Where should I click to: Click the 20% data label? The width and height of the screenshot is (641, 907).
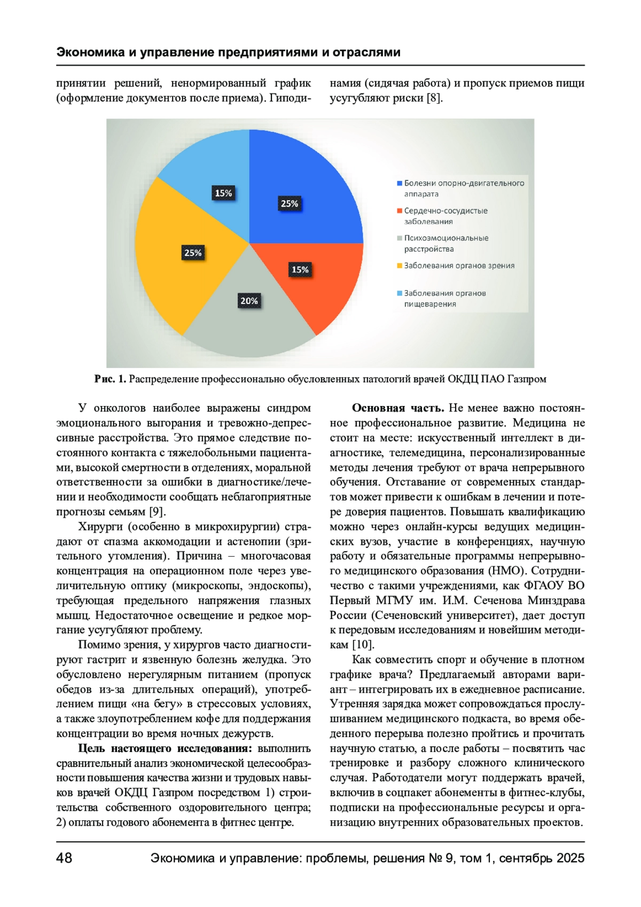pyautogui.click(x=249, y=301)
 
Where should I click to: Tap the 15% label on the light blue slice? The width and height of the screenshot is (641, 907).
pyautogui.click(x=223, y=193)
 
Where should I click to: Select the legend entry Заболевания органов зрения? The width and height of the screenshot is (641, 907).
pyautogui.click(x=459, y=265)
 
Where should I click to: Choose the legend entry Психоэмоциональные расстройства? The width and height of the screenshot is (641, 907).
pyautogui.click(x=445, y=243)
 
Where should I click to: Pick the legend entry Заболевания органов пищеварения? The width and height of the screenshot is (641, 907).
pyautogui.click(x=444, y=298)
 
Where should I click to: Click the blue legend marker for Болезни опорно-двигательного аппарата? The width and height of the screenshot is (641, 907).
pyautogui.click(x=399, y=183)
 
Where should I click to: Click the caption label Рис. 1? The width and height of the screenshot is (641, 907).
pyautogui.click(x=110, y=379)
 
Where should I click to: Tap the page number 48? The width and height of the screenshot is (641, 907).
pyautogui.click(x=64, y=858)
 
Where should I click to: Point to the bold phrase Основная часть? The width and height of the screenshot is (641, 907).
pyautogui.click(x=397, y=408)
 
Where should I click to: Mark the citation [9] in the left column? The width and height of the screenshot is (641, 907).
pyautogui.click(x=156, y=512)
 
